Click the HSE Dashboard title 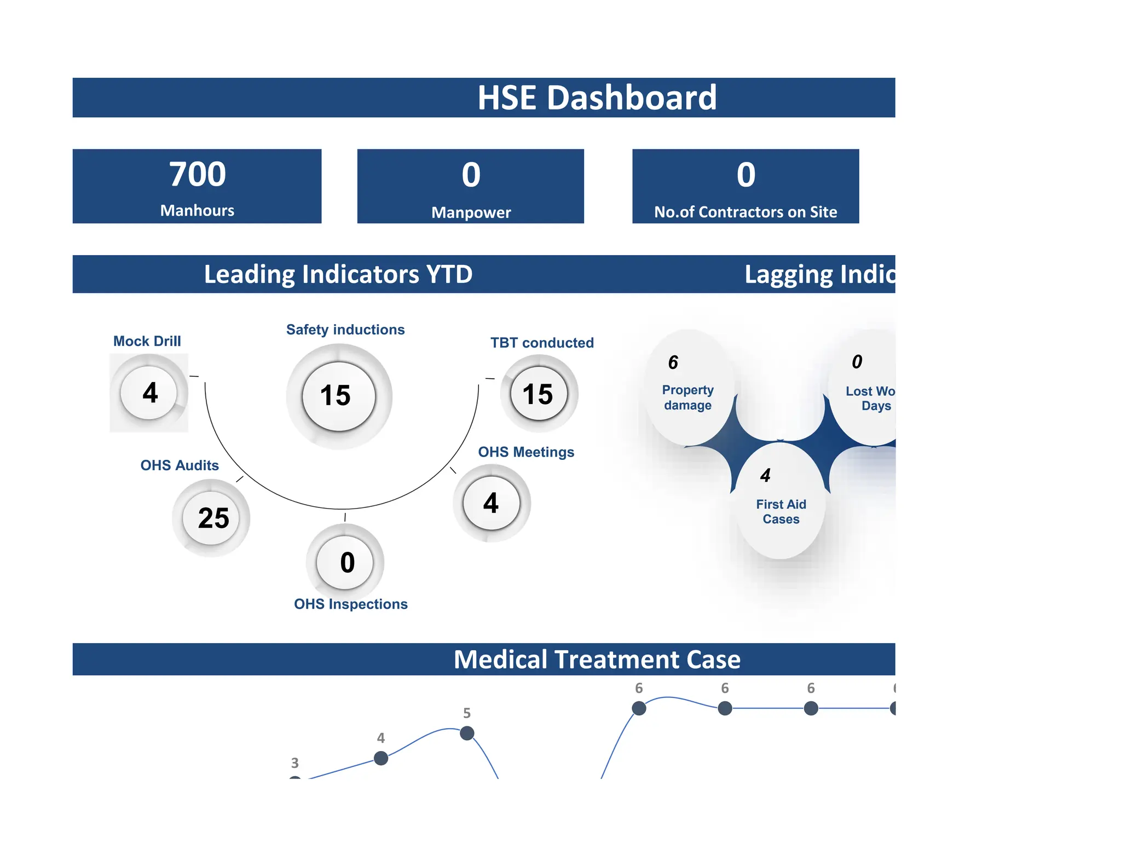click(597, 98)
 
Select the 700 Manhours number click(197, 175)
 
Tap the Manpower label click(471, 212)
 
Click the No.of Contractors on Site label click(746, 212)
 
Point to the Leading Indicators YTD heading click(338, 274)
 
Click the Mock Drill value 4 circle click(149, 392)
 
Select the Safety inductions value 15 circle click(339, 396)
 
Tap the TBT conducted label click(542, 343)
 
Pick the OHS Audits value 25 click(213, 518)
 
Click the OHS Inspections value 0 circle click(346, 562)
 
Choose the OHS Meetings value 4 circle click(492, 503)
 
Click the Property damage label click(687, 397)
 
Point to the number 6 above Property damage click(673, 362)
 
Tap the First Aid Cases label click(781, 511)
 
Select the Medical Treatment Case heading click(597, 659)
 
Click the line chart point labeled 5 click(467, 733)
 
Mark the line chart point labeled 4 click(381, 758)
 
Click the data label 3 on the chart click(295, 763)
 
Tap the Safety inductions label click(345, 330)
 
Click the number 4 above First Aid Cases click(765, 475)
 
